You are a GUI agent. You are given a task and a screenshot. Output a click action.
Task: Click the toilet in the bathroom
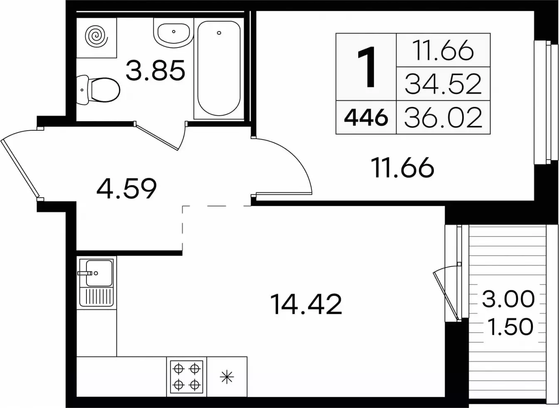tap(98, 90)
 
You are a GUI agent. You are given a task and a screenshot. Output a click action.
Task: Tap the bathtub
tap(219, 68)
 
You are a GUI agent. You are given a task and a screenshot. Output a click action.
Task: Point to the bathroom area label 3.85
tap(155, 70)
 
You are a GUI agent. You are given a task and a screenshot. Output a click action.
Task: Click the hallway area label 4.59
tap(126, 188)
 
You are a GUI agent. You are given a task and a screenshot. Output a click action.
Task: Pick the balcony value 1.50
tap(510, 327)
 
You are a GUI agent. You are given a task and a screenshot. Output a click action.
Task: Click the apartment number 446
tap(366, 118)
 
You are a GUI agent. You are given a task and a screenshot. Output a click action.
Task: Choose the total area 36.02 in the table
tap(443, 117)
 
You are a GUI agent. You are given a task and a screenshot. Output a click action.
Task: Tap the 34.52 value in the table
tap(443, 84)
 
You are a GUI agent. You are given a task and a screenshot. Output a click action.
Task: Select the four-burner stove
tap(187, 376)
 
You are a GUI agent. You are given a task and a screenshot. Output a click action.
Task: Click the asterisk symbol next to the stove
tap(227, 377)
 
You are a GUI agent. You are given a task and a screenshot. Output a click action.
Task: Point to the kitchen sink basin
tap(99, 273)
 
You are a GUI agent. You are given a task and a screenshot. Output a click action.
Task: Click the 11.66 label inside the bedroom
tap(402, 167)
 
